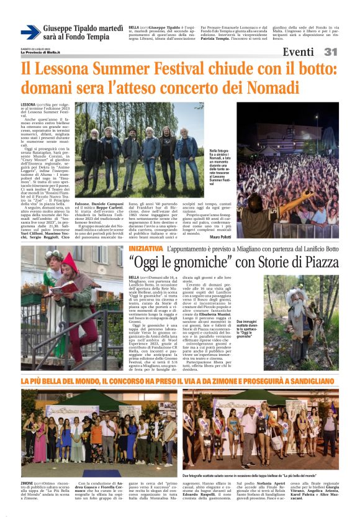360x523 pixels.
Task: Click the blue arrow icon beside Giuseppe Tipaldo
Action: [x=30, y=32]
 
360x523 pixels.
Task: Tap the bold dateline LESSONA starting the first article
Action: [x=29, y=104]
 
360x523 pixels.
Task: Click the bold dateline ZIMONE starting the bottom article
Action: [x=28, y=482]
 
